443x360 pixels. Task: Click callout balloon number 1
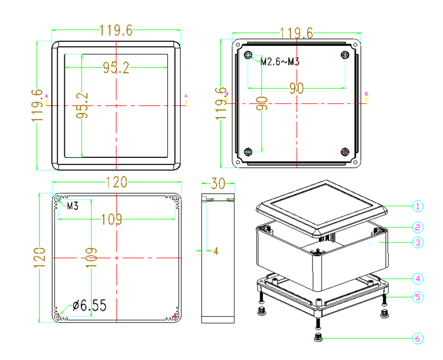[418, 206]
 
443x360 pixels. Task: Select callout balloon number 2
[418, 227]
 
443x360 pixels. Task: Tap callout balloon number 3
[418, 242]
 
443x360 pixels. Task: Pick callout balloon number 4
[418, 279]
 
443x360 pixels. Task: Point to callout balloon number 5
[418, 297]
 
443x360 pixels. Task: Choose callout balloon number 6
[418, 339]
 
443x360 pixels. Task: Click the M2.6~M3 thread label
[280, 61]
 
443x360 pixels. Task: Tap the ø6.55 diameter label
[90, 306]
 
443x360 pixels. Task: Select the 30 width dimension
[218, 183]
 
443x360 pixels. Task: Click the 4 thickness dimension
[216, 251]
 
